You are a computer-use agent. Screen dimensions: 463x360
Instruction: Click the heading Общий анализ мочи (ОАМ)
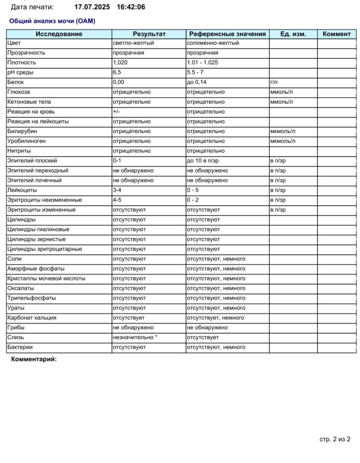pyautogui.click(x=52, y=21)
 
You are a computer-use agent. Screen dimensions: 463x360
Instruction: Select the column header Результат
pyautogui.click(x=149, y=34)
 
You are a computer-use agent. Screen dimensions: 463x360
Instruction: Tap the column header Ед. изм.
pyautogui.click(x=293, y=34)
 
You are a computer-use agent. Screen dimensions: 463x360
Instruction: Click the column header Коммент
pyautogui.click(x=337, y=34)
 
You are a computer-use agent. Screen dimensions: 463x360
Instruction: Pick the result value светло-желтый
pyautogui.click(x=133, y=43)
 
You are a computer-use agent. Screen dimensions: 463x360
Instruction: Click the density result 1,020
pyautogui.click(x=120, y=63)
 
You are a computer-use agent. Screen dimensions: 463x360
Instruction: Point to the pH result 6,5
pyautogui.click(x=117, y=72)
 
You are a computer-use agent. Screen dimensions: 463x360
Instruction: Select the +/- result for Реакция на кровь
pyautogui.click(x=117, y=112)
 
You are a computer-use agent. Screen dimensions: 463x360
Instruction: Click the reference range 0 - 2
pyautogui.click(x=195, y=200)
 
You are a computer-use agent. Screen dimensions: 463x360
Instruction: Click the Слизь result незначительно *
pyautogui.click(x=135, y=338)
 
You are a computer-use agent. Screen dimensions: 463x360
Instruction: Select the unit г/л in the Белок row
pyautogui.click(x=273, y=82)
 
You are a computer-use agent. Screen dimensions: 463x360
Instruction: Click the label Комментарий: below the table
pyautogui.click(x=34, y=359)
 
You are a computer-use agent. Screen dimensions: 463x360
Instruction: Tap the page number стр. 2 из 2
pyautogui.click(x=335, y=439)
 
